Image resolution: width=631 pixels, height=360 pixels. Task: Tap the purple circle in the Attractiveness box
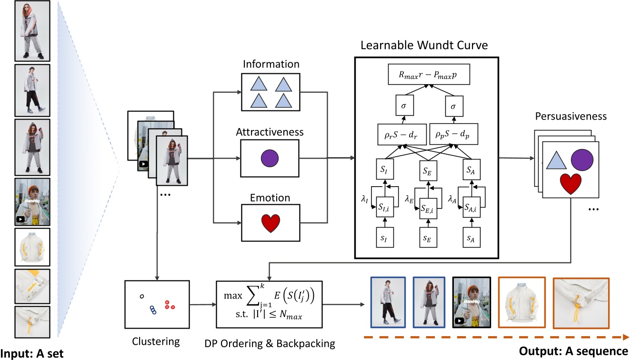[270, 158]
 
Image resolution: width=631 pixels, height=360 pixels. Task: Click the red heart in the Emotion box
[270, 223]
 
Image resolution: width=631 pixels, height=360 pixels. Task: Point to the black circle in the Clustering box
[141, 296]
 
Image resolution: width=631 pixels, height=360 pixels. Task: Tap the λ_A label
[452, 200]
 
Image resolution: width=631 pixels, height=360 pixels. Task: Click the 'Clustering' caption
[156, 341]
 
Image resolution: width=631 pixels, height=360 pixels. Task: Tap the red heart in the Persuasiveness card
[571, 185]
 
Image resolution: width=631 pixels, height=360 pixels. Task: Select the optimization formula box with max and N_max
[269, 304]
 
